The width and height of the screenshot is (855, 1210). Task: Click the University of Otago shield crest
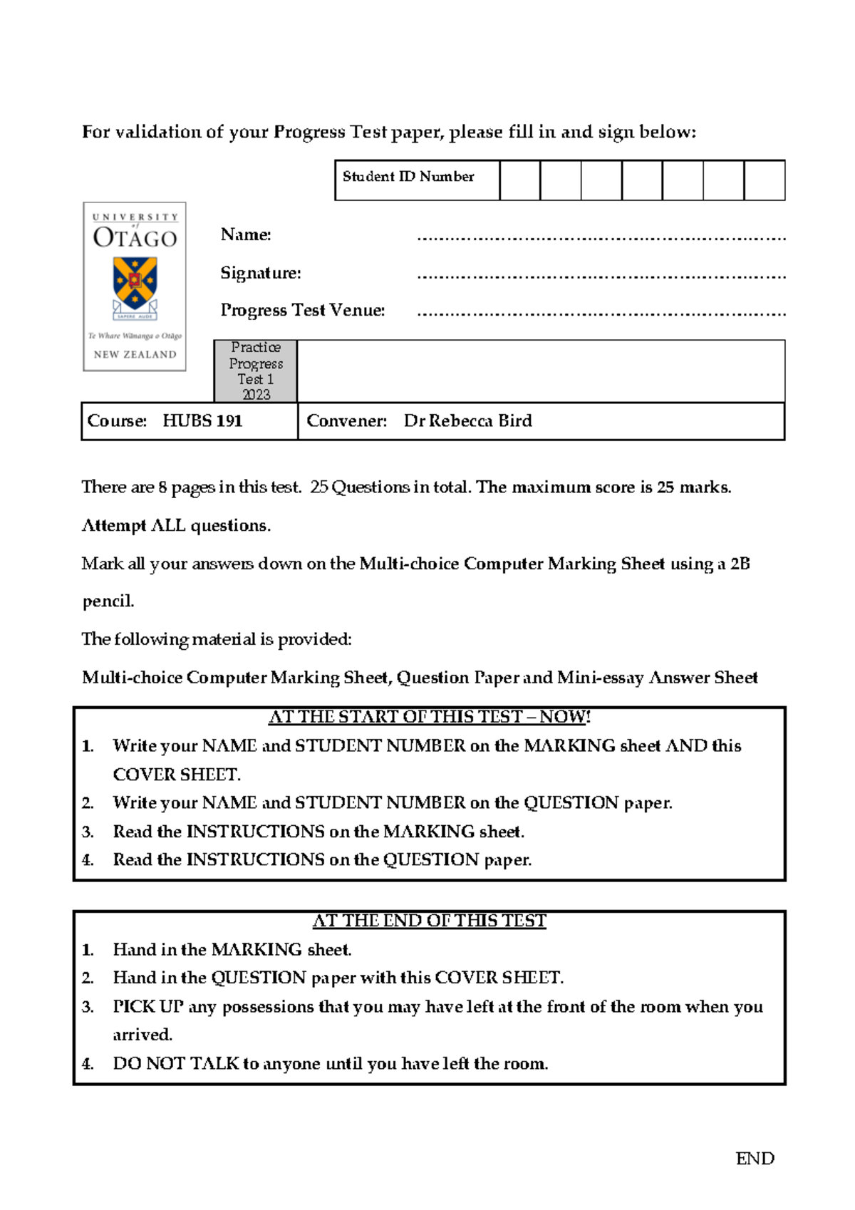[x=135, y=284]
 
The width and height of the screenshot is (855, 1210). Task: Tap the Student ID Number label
[x=408, y=177]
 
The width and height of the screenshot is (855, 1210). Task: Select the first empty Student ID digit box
[x=519, y=180]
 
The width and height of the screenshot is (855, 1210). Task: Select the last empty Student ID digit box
[x=764, y=180]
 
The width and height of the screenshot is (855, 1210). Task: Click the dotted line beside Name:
[x=601, y=238]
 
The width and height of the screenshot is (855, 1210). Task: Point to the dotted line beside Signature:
[x=601, y=276]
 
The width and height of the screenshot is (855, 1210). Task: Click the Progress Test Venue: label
[x=303, y=310]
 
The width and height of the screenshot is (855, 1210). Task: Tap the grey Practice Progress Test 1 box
[x=256, y=371]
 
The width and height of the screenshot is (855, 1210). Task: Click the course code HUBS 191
[x=202, y=421]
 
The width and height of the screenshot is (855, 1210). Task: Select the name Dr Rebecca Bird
[x=467, y=421]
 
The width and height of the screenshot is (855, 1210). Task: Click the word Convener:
[x=346, y=421]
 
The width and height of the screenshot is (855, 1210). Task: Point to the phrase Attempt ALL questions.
[x=176, y=526]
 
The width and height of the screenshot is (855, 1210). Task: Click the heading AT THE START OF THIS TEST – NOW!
[x=430, y=717]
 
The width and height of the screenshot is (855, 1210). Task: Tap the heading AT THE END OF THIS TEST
[x=430, y=921]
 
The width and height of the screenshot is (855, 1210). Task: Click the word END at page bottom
[x=755, y=1159]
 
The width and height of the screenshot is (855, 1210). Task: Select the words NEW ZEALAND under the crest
[x=135, y=354]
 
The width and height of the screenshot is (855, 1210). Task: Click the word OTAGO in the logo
[x=135, y=238]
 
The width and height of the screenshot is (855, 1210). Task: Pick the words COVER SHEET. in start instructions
[x=177, y=775]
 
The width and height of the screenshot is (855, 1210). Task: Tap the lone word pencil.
[x=108, y=601]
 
